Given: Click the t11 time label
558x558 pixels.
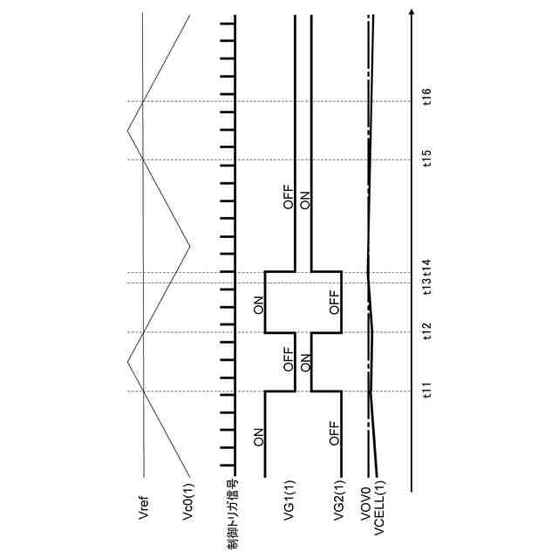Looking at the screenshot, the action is click(x=427, y=391).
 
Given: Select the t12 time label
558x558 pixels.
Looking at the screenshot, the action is click(x=427, y=331).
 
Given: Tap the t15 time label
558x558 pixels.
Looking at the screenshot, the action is click(x=427, y=159).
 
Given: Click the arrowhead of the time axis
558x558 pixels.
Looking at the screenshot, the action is click(x=412, y=11).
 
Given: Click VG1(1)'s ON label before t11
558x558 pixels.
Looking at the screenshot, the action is click(x=259, y=438).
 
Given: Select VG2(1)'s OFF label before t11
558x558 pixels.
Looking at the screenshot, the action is click(x=334, y=433).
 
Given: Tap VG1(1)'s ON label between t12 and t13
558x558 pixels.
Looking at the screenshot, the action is click(x=258, y=305).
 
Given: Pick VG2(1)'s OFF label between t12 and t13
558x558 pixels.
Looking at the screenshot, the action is click(x=334, y=302).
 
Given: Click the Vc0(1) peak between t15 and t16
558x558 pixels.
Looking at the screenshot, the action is click(x=127, y=131).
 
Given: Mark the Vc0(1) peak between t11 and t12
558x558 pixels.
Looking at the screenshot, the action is click(x=127, y=361).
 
